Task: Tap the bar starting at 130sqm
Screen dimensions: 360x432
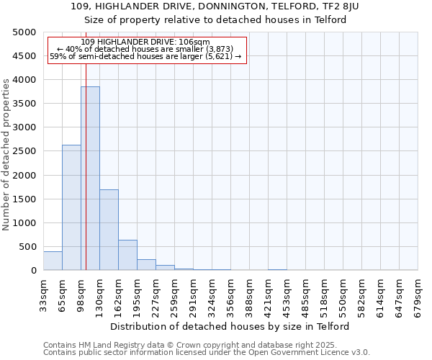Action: [x=109, y=230]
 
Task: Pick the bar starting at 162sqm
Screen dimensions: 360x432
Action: [x=127, y=255]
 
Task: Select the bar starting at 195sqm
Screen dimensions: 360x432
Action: [x=146, y=264]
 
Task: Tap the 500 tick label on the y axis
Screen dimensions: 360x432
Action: [x=27, y=247]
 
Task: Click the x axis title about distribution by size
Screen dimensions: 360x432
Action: [x=230, y=326]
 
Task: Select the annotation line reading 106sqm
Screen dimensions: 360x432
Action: [x=146, y=42]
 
